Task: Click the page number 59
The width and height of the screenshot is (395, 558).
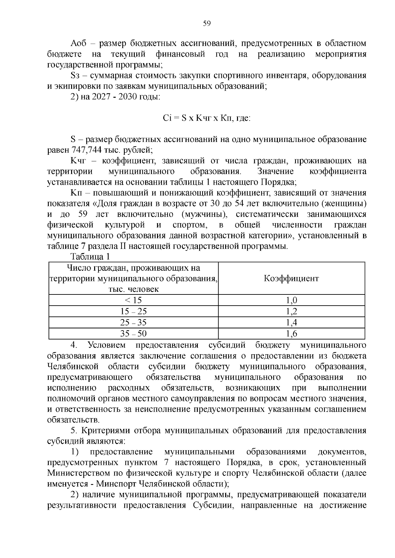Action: click(x=207, y=23)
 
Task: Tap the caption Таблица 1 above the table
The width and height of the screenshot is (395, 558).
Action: click(x=90, y=256)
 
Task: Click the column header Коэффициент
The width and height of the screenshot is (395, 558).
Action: click(x=291, y=279)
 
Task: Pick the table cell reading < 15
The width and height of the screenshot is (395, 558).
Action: click(x=133, y=300)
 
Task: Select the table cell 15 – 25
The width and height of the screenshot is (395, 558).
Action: click(x=133, y=312)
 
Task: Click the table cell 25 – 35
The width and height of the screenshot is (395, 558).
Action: click(x=133, y=323)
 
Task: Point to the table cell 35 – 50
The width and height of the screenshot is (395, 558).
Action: click(x=133, y=334)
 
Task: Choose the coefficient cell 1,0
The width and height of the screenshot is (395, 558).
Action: click(x=291, y=300)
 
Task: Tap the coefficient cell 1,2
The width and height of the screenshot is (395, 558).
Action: click(x=291, y=312)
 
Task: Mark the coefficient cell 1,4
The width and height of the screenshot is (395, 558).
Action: click(x=291, y=323)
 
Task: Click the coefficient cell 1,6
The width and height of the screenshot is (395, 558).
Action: click(x=291, y=334)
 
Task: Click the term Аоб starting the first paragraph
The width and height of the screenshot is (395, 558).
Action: click(x=78, y=44)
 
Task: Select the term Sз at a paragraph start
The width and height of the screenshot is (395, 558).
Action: click(x=74, y=76)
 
